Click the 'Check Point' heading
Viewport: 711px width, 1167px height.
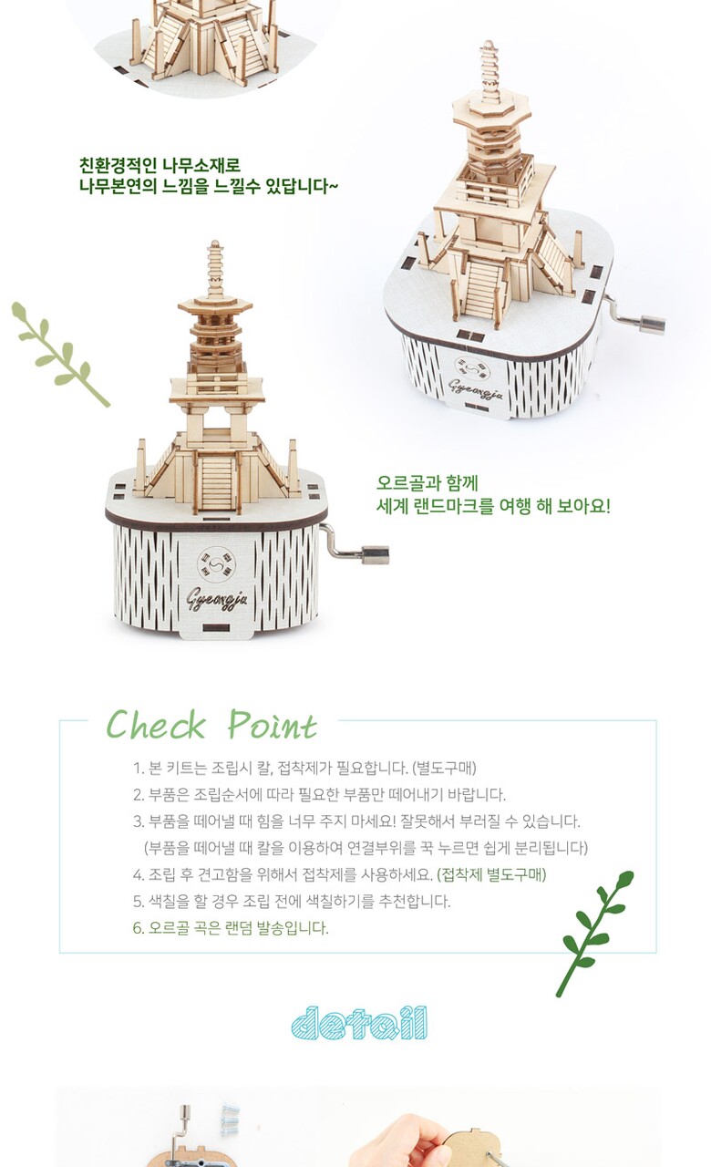click(x=211, y=724)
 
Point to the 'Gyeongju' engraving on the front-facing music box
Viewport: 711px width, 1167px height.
click(x=217, y=599)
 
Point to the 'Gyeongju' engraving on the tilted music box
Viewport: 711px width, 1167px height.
click(x=476, y=388)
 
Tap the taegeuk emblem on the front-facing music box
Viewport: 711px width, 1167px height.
click(x=216, y=564)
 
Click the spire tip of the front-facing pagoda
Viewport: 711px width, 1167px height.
click(x=214, y=242)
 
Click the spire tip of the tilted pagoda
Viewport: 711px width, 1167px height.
click(x=488, y=42)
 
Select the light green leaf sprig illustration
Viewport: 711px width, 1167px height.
click(x=60, y=353)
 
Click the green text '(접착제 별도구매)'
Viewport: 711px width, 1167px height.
click(x=491, y=874)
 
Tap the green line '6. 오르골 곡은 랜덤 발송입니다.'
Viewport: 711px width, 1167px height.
click(x=231, y=927)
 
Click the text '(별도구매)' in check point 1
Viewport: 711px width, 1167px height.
click(x=444, y=768)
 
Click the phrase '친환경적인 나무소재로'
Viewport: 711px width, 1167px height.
click(x=160, y=165)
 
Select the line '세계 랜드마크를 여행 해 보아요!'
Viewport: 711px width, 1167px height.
click(x=493, y=505)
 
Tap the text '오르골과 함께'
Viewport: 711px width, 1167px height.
click(x=428, y=482)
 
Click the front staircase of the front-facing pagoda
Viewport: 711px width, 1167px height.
click(x=217, y=483)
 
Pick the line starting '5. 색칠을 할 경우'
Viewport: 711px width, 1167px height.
click(x=292, y=901)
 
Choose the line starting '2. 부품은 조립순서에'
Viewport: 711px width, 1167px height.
click(x=319, y=794)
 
